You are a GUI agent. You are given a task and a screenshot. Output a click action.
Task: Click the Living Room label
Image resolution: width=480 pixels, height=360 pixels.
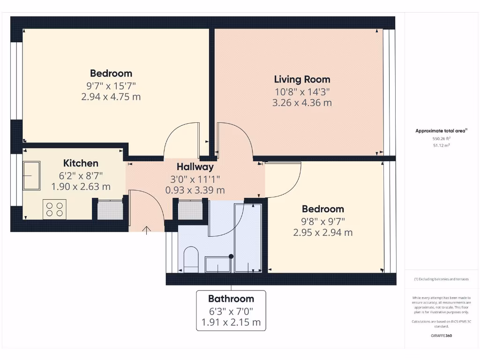coord(302,79)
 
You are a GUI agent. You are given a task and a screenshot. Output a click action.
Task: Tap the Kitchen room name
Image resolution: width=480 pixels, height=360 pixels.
coord(81,163)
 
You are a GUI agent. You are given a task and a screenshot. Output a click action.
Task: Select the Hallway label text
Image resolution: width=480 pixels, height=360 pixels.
coord(195,166)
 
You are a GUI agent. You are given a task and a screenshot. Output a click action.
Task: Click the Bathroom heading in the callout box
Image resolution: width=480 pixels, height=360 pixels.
coord(231,299)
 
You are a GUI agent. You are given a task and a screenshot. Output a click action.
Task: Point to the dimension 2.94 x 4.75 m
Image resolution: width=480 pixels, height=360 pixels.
coord(111,97)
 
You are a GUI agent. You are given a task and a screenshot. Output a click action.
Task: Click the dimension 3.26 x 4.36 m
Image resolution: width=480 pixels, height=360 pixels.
coord(302,103)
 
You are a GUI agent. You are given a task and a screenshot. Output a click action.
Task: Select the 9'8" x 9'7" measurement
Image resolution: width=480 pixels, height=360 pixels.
coord(322,221)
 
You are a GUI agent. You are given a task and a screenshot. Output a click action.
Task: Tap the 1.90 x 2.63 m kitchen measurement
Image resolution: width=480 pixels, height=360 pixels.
coord(81,187)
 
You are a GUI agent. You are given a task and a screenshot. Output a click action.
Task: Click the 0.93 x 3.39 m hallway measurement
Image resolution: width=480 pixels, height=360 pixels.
coord(195,190)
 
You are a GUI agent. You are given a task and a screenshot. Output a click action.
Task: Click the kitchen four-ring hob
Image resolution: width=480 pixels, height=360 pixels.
coord(54,209)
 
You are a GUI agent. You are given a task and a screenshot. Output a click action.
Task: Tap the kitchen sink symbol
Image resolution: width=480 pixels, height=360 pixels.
coord(31,175)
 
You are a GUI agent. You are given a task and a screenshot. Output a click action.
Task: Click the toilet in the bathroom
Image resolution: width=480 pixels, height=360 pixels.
coord(191,259)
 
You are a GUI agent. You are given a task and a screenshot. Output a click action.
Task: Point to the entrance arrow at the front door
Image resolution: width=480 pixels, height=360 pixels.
coord(147,229)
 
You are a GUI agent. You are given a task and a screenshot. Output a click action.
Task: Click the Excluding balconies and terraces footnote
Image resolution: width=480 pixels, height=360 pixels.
coord(441,279)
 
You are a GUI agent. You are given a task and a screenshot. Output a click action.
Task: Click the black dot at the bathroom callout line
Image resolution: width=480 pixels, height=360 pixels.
coord(231,256)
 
